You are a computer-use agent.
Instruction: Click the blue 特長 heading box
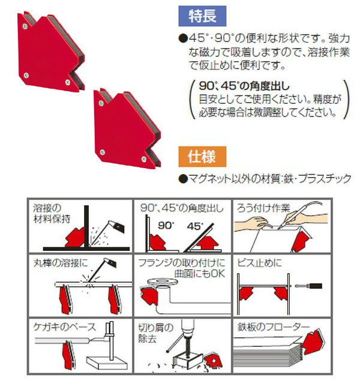202,16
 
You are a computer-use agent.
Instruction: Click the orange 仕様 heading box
202,157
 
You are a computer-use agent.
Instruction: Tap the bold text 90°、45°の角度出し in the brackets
244,86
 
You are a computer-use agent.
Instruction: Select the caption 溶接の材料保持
52,213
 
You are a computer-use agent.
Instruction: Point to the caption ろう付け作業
263,208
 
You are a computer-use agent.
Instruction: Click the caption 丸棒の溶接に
61,263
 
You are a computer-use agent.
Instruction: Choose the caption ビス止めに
259,263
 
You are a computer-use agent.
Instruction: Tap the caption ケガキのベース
64,327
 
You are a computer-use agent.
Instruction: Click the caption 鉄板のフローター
273,327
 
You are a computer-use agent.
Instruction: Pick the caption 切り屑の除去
156,333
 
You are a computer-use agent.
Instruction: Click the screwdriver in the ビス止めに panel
309,286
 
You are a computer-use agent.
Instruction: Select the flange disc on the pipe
163,282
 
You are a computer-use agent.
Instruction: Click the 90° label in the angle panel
166,226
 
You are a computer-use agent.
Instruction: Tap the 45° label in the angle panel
195,226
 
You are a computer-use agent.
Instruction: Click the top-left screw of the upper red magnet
25,26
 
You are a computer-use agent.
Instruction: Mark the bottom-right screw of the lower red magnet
143,159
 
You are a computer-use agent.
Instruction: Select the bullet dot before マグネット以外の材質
183,179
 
